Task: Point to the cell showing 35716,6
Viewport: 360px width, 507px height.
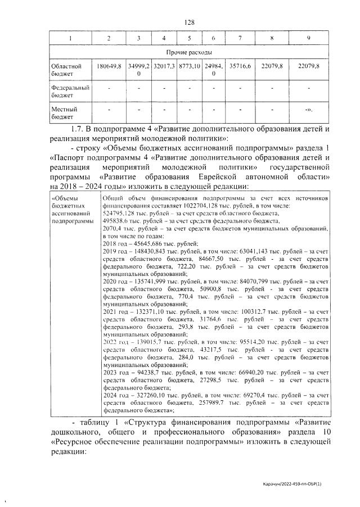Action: pyautogui.click(x=240, y=66)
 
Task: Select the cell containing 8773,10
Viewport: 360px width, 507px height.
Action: pyautogui.click(x=190, y=66)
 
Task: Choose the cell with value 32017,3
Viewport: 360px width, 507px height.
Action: pyautogui.click(x=164, y=66)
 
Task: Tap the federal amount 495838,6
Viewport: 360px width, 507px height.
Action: pyautogui.click(x=120, y=221)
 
